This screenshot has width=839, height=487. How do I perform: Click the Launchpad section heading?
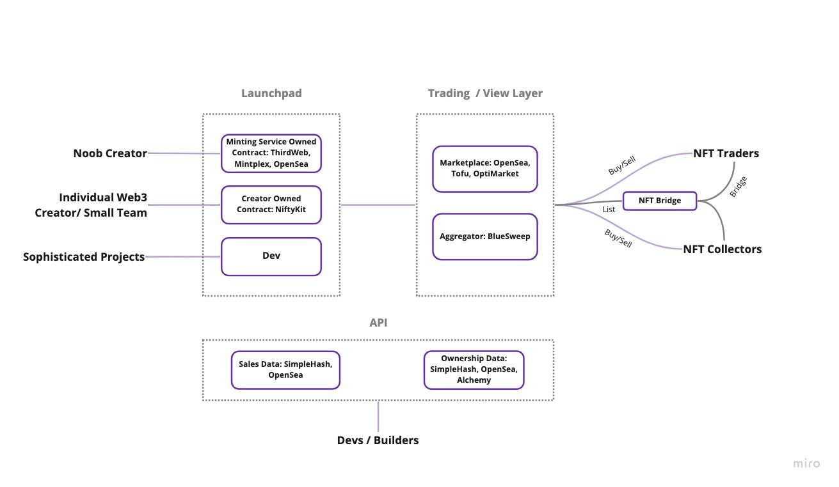[x=271, y=93]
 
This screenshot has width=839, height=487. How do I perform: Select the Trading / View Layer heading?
[x=485, y=93]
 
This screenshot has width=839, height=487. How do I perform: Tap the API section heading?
[x=378, y=323]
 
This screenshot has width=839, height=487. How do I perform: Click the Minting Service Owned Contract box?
[x=271, y=153]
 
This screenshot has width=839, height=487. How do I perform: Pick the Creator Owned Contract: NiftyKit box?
[x=271, y=205]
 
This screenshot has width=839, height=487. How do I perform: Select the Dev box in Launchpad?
[x=271, y=256]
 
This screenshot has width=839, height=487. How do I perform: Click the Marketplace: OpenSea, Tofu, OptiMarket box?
[x=484, y=169]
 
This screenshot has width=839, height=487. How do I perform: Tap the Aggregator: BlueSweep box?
[x=484, y=236]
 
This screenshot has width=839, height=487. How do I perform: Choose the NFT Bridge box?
[x=659, y=201]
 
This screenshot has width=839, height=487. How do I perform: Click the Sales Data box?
[x=285, y=370]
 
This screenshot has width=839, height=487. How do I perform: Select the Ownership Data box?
[x=474, y=370]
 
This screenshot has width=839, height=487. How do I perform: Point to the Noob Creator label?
[x=110, y=153]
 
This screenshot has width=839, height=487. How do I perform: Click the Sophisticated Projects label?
[x=84, y=257]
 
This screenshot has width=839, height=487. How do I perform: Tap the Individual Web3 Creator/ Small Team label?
[x=91, y=205]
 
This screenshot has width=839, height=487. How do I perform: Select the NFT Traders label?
[x=726, y=153]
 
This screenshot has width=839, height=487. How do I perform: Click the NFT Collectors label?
[x=722, y=249]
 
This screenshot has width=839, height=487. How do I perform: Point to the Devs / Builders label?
[x=378, y=440]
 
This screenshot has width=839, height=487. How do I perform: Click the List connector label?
[x=609, y=210]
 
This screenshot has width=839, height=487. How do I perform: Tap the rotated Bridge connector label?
[x=738, y=186]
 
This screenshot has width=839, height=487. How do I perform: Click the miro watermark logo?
[x=806, y=463]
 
